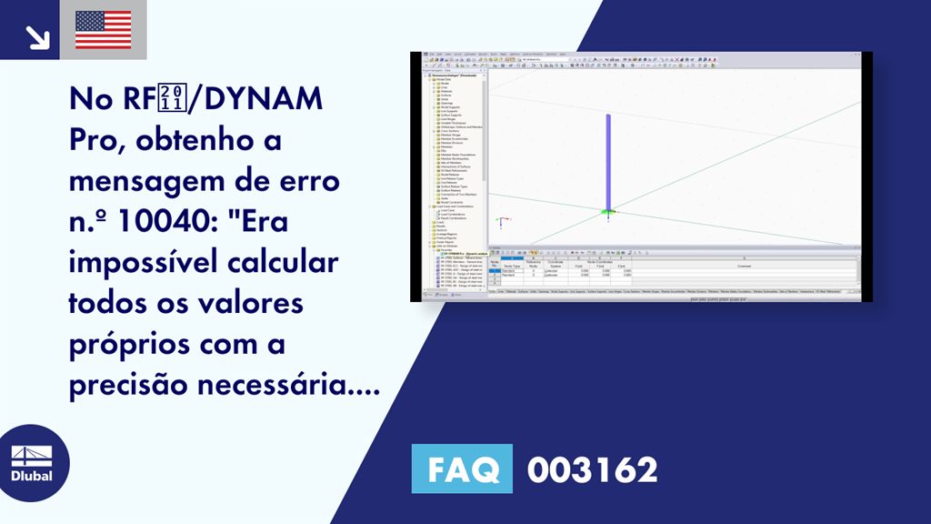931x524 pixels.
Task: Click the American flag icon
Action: click(x=104, y=29)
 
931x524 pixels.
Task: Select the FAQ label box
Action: click(x=462, y=469)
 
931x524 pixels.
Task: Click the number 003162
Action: click(x=592, y=470)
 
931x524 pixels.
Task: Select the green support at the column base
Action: click(x=608, y=213)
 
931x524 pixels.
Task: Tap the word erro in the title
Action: click(x=310, y=182)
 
